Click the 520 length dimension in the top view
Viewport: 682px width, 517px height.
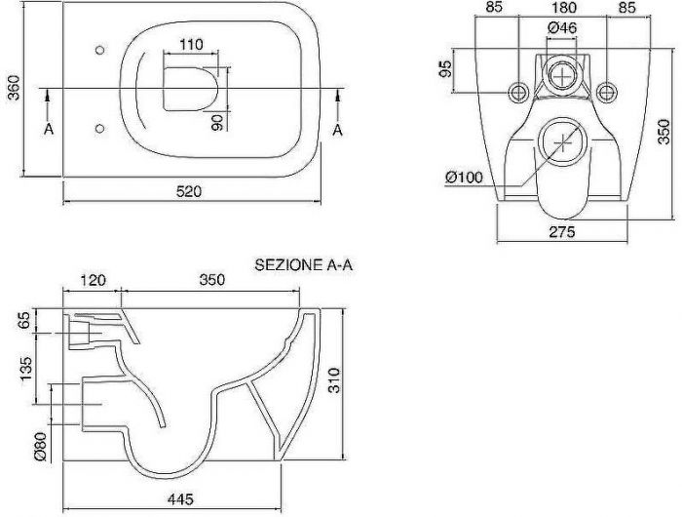click(x=189, y=191)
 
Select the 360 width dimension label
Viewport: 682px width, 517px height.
click(x=14, y=88)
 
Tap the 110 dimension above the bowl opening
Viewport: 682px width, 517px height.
click(x=191, y=45)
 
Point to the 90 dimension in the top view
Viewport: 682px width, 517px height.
click(x=217, y=122)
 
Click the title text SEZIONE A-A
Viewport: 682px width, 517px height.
click(x=303, y=264)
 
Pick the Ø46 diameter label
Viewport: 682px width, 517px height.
click(x=562, y=28)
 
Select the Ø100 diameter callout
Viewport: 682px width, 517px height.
click(x=465, y=177)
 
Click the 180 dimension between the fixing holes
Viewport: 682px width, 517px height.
click(x=563, y=7)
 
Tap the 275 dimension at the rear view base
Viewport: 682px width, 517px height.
click(x=562, y=232)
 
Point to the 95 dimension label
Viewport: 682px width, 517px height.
click(x=445, y=68)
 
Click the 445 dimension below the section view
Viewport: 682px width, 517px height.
click(x=180, y=498)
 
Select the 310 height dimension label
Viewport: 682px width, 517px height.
click(x=333, y=380)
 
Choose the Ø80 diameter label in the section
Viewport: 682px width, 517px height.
click(x=40, y=447)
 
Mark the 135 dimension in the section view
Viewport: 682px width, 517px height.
click(x=26, y=369)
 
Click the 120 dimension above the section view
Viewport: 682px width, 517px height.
click(x=94, y=280)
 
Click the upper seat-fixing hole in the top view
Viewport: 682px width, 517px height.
click(x=99, y=50)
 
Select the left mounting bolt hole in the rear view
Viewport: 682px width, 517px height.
click(x=518, y=92)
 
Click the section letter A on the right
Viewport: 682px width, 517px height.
click(x=337, y=130)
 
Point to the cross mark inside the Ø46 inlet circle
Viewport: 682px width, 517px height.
click(x=563, y=76)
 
